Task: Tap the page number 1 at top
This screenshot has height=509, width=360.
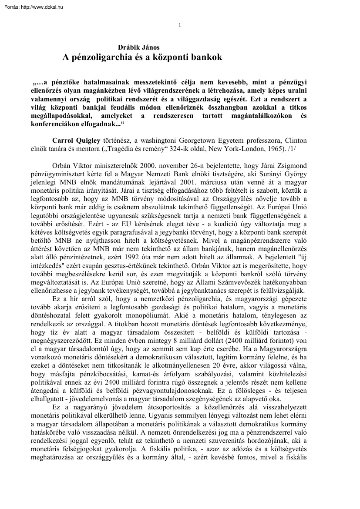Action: pos(180,25)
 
